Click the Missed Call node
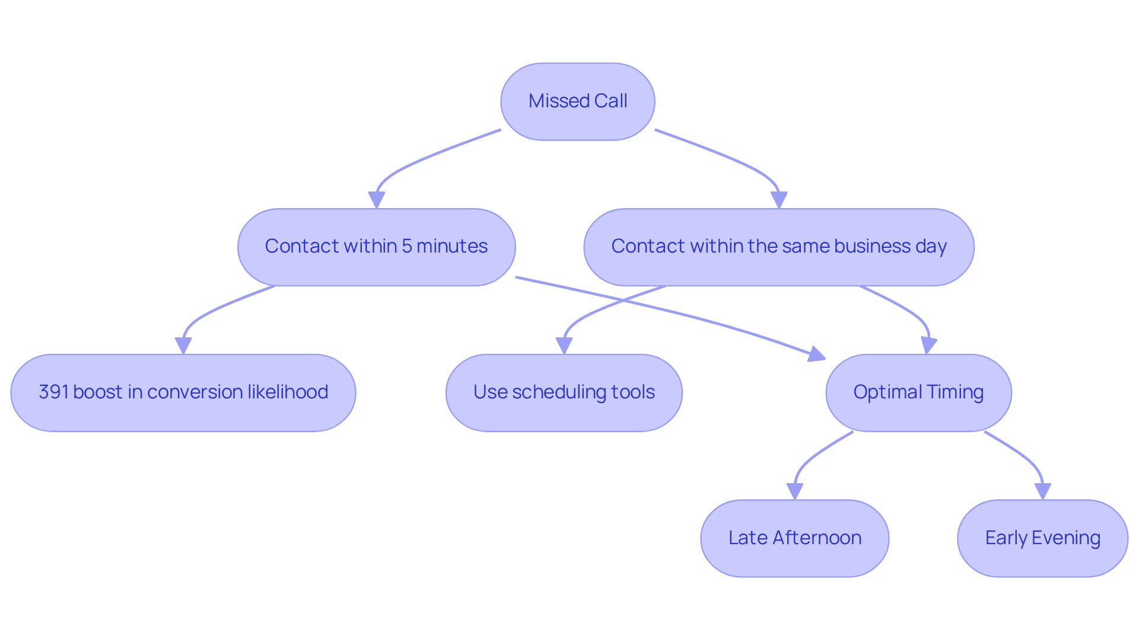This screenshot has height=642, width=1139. pyautogui.click(x=577, y=101)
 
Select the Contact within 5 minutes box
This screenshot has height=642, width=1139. pyautogui.click(x=376, y=247)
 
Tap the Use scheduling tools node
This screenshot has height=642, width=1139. pyautogui.click(x=564, y=392)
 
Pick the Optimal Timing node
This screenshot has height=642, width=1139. pyautogui.click(x=918, y=392)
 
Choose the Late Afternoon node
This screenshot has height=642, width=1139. pyautogui.click(x=794, y=538)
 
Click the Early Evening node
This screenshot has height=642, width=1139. pyautogui.click(x=1042, y=538)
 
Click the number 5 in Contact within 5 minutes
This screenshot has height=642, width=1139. pyautogui.click(x=406, y=246)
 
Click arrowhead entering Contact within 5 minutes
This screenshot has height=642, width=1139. pyautogui.click(x=376, y=200)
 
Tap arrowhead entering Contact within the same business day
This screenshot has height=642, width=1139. pyautogui.click(x=779, y=200)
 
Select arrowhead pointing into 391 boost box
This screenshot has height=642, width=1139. pyautogui.click(x=183, y=346)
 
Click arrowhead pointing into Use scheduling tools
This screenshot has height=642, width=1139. pyautogui.click(x=564, y=346)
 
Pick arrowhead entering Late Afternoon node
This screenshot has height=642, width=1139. pyautogui.click(x=794, y=491)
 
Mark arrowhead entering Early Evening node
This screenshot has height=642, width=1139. pyautogui.click(x=1042, y=491)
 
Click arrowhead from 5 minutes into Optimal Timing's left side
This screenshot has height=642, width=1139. pyautogui.click(x=817, y=354)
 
